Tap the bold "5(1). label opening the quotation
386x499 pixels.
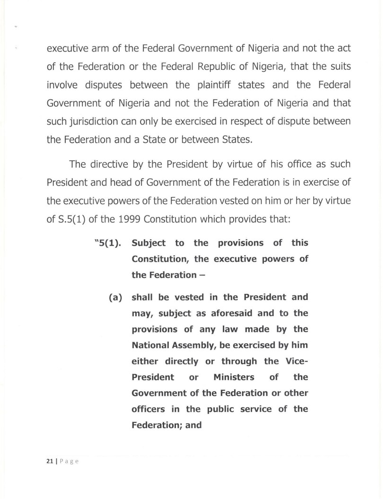(x=105, y=243)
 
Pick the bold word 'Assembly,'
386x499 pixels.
(x=202, y=345)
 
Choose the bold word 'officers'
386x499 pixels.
(x=149, y=410)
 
